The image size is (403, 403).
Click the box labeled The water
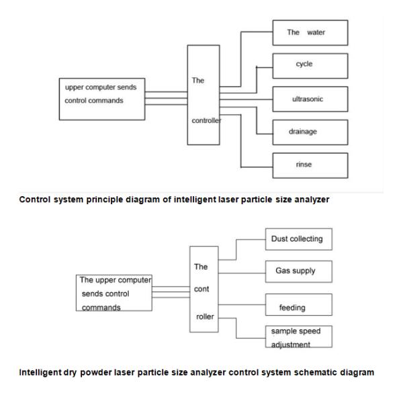[310, 33]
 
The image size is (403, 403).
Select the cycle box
[310, 66]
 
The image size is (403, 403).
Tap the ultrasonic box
[310, 99]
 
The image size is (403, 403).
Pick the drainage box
[310, 132]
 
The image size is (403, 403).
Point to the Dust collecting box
[296, 239]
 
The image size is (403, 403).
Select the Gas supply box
[296, 271]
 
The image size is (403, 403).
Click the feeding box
[296, 307]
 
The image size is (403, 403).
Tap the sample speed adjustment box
[296, 337]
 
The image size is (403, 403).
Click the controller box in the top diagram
[204, 102]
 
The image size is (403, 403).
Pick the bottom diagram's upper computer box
[114, 293]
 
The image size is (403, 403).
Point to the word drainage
[303, 132]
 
